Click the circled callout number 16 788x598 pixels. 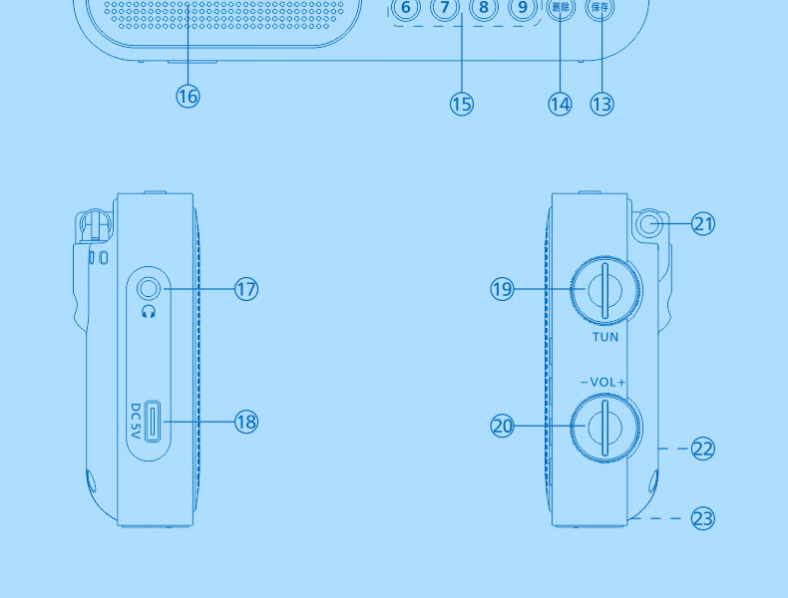coord(188,96)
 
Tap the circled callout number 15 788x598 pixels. coord(461,103)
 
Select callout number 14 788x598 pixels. coord(560,103)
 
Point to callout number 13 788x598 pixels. coord(601,103)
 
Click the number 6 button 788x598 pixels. coord(405,8)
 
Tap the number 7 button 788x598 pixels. coord(445,8)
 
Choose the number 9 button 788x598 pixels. coord(521,8)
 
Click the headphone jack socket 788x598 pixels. coord(149,289)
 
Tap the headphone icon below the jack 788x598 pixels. coord(149,312)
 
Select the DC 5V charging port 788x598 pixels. coord(154,421)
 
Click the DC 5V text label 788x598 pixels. coord(136,422)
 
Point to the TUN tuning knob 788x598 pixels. coord(605,290)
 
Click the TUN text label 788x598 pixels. coord(605,337)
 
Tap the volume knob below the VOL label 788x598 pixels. coord(605,426)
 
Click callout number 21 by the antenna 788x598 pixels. coord(703,223)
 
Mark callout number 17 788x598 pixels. coord(246,289)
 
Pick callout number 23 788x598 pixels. coord(703,518)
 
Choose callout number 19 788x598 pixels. coord(502,289)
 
